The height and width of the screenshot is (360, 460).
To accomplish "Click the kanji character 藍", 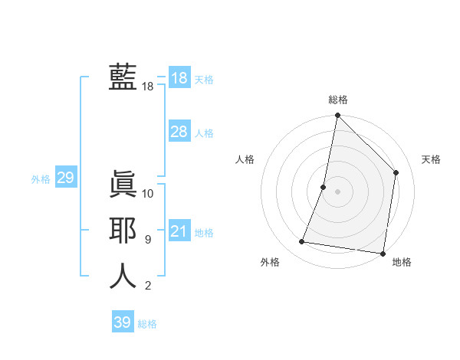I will point(123,77).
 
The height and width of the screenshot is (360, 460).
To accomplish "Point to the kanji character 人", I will point(123,277).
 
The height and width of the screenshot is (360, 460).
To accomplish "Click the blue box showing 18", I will point(179,78).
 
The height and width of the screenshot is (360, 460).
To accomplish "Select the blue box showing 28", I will point(179,132).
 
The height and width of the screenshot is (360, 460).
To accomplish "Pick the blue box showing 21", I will point(179,231).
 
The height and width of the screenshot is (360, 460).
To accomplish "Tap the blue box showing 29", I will point(65,178).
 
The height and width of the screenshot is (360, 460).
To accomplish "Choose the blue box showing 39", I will point(123,322).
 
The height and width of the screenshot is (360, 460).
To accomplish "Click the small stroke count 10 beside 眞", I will point(148,194).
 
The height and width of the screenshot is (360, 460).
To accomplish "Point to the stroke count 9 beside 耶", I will point(148,240).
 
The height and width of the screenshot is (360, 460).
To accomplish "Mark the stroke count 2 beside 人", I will point(148,286).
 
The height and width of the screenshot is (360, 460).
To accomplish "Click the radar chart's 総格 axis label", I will point(338,100).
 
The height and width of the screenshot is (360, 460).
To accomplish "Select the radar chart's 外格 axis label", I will point(270,263).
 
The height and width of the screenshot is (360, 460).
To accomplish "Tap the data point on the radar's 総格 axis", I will point(337,116).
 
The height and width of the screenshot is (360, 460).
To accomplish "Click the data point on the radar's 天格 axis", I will point(396,172).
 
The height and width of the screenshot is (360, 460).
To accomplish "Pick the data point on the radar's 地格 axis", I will point(382,252).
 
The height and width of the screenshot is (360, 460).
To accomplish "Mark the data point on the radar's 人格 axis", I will point(324,187).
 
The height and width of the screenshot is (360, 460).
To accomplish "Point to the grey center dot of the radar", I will point(337,191).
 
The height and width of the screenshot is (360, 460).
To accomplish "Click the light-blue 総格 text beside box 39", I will point(147,324).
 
